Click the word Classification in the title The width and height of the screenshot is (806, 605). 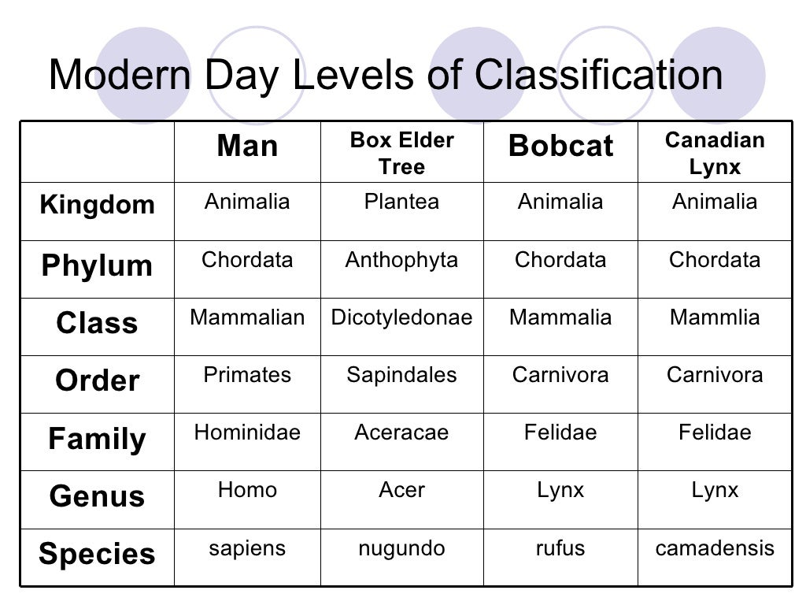[x=599, y=76]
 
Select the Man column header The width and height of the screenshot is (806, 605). [x=247, y=147]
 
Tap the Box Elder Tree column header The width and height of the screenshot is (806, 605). [x=401, y=154]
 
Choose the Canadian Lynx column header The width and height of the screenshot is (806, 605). [x=715, y=154]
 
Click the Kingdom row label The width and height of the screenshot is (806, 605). [x=97, y=205]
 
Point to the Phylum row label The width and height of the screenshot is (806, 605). [x=97, y=265]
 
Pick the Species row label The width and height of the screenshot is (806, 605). [x=97, y=555]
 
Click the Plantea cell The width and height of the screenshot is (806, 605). [x=401, y=202]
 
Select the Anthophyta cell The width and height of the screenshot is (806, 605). [x=401, y=260]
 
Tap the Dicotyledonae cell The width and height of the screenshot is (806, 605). [x=401, y=317]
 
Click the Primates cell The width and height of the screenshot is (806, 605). [x=247, y=375]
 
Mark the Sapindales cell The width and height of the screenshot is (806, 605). [x=401, y=375]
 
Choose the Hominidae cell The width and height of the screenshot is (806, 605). [x=247, y=432]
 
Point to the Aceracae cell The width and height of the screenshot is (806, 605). [x=401, y=432]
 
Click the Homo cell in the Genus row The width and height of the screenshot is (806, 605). [x=247, y=490]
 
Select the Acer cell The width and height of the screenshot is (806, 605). [x=401, y=490]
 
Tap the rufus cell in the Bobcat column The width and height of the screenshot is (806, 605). [x=560, y=548]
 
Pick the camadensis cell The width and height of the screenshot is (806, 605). [x=715, y=548]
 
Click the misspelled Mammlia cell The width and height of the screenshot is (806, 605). [x=715, y=317]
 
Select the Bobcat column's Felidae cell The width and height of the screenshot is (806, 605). [x=560, y=432]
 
